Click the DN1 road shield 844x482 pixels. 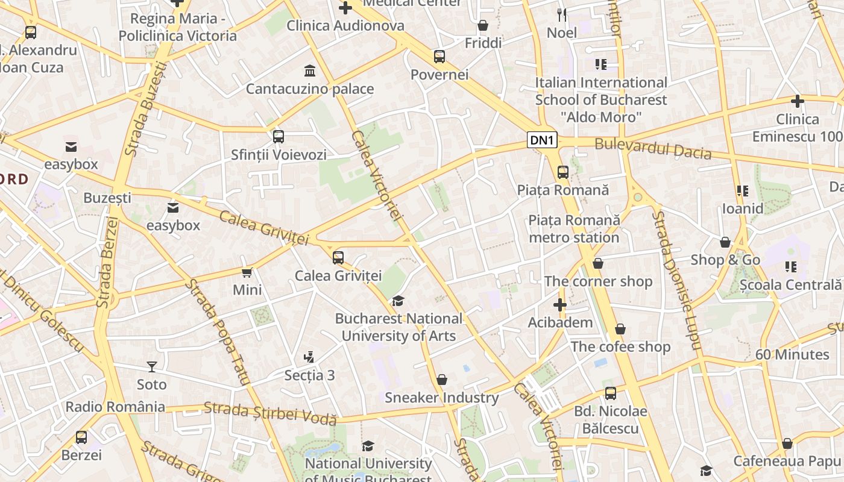542,140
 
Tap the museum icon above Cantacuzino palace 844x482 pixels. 310,70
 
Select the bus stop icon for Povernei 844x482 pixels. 439,57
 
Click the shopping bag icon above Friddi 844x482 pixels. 483,25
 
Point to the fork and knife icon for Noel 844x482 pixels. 562,14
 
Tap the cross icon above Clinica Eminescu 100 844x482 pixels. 798,101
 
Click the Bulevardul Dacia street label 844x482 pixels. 653,149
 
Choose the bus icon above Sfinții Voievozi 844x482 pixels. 278,137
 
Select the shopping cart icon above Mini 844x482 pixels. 247,272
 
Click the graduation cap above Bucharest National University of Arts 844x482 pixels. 398,300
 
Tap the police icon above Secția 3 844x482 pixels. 309,357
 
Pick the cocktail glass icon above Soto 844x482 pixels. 151,366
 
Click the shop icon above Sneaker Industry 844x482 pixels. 442,380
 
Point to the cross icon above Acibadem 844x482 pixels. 560,305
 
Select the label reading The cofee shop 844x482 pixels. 620,347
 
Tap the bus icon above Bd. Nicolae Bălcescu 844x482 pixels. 611,393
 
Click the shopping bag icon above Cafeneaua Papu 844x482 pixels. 787,443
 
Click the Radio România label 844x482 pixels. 115,407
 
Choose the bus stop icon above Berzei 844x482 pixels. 81,437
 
